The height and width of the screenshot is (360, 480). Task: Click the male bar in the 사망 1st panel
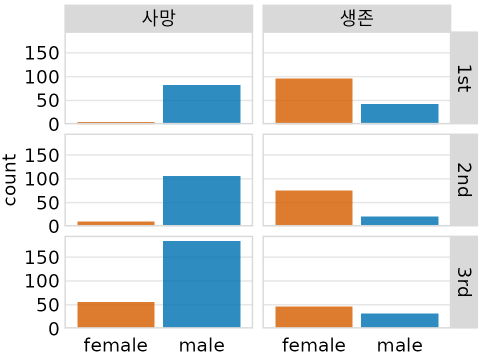coord(201,104)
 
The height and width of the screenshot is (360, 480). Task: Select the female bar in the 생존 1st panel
coord(314,100)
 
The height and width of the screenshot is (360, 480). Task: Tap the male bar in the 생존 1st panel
coord(399,113)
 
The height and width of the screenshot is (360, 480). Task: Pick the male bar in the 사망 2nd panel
coord(201,200)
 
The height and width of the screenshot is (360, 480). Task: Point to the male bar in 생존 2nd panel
coord(399,220)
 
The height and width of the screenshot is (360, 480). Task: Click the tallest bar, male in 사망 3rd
coord(201,284)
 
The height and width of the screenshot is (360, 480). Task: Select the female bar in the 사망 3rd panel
coord(116,314)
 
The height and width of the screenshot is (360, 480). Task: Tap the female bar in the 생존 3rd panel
coord(314,316)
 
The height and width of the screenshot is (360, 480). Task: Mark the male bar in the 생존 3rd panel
coord(399,320)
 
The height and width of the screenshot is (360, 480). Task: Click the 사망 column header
coord(158,18)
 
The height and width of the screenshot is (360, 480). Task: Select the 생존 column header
coord(356,18)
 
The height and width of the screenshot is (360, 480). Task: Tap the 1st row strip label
coord(463,78)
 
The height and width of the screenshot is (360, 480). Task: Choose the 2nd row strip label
coord(463,180)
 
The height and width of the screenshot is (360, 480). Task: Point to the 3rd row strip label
coord(463,282)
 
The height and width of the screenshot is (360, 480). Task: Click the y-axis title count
coord(10,180)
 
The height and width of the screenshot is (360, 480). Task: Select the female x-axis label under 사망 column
coord(115,345)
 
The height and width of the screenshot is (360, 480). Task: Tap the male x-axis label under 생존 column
coord(399,345)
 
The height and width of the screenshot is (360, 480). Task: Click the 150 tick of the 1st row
coord(42,53)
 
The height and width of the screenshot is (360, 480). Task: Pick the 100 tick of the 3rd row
coord(42,281)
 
